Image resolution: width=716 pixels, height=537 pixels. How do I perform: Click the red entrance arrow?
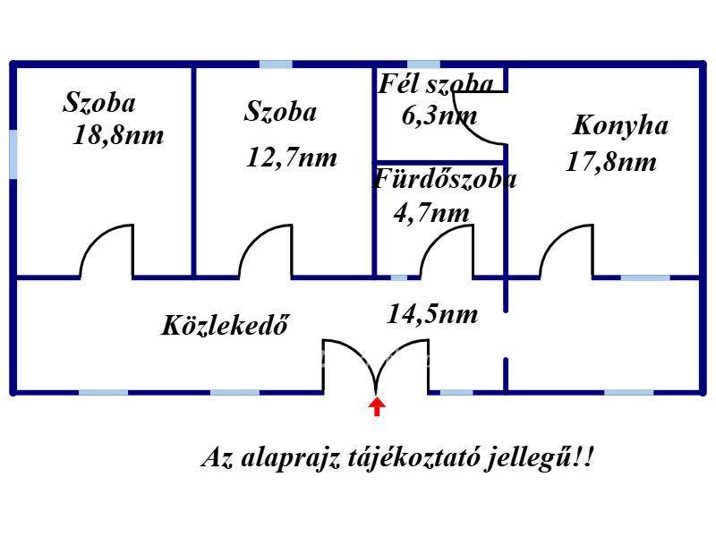(x=377, y=407)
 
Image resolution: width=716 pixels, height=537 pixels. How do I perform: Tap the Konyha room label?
(x=619, y=124)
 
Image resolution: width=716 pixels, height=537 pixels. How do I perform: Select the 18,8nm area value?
(x=119, y=136)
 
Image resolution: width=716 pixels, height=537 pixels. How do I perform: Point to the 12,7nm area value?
(x=291, y=158)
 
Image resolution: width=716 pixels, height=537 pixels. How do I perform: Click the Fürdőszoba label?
(x=444, y=179)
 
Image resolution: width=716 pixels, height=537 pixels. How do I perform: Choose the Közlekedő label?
(x=226, y=325)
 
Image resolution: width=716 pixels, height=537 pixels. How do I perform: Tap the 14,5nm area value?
(x=431, y=314)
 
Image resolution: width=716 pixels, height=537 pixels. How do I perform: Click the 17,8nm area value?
(x=611, y=162)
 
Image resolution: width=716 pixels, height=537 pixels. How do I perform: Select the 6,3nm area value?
(x=439, y=115)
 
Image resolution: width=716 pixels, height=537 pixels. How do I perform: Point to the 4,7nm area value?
(x=431, y=213)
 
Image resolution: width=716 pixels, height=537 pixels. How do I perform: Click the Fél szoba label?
(x=435, y=84)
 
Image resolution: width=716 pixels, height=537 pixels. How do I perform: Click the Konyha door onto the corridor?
(x=567, y=252)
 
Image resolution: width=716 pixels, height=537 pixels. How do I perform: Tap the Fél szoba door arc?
(x=483, y=121)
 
